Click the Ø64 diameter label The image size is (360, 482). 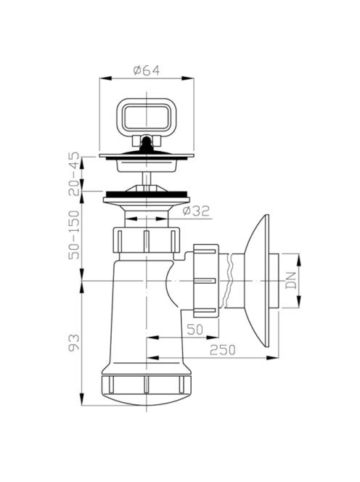pos(147,70)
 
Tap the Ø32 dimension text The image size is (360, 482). pos(196,211)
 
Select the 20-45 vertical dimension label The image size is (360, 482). pos(74,174)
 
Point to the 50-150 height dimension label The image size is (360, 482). pos(74,235)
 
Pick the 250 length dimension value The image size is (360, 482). pos(222,350)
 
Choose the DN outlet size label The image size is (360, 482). pos(291,280)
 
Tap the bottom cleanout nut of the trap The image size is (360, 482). pos(147,384)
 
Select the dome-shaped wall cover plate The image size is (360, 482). pos(258,281)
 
